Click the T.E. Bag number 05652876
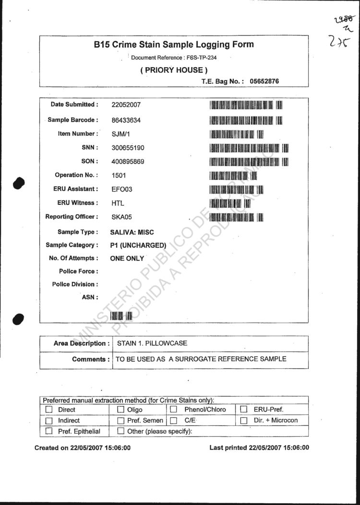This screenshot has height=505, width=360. pyautogui.click(x=264, y=82)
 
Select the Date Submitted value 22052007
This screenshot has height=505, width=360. pyautogui.click(x=126, y=105)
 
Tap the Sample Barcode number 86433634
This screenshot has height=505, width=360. pyautogui.click(x=126, y=120)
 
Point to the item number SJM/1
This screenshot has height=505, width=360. pyautogui.click(x=120, y=134)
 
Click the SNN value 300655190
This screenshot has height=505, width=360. pyautogui.click(x=128, y=148)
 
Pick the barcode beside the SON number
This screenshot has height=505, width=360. pyautogui.click(x=249, y=162)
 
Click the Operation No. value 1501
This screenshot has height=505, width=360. pyautogui.click(x=118, y=176)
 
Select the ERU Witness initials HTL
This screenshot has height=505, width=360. pyautogui.click(x=118, y=203)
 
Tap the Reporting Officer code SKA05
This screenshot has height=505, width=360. pyautogui.click(x=121, y=217)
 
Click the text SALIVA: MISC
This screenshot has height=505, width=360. pyautogui.click(x=132, y=233)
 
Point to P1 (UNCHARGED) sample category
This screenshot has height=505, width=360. pyautogui.click(x=138, y=246)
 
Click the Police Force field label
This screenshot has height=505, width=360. pyautogui.click(x=79, y=271)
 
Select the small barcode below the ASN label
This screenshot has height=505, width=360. pyautogui.click(x=121, y=316)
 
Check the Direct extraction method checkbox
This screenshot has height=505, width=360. pyautogui.click(x=48, y=410)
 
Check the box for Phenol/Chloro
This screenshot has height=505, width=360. pyautogui.click(x=174, y=410)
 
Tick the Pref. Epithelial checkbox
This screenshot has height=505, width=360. pyautogui.click(x=48, y=431)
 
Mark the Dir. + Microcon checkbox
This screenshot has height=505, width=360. pyautogui.click(x=243, y=421)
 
